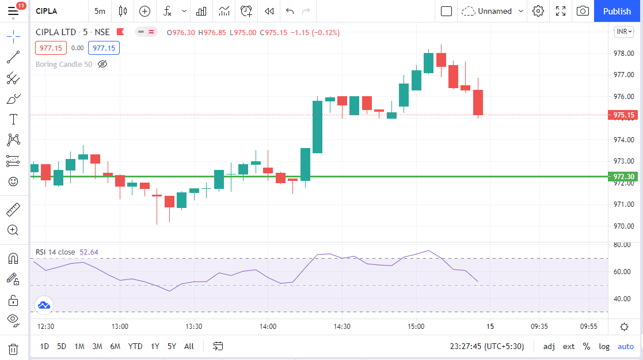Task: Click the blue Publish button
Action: coord(617,11)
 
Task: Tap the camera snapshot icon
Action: coord(583,11)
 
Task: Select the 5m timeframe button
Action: coord(100,11)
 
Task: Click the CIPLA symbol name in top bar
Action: coord(47,11)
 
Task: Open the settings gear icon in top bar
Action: coord(538,11)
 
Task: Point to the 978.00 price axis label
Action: coord(624,54)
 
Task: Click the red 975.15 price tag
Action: coord(623,115)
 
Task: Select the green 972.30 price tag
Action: coord(623,177)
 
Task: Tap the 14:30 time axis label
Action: coord(342,327)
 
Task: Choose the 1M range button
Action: coord(79,346)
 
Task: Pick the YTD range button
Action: coord(135,346)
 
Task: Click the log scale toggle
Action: coord(604,346)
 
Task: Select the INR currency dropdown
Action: coord(624,31)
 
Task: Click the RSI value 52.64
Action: coord(89,252)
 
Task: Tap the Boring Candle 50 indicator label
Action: coord(64,64)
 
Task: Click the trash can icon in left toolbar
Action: coord(13,349)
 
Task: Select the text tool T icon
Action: coord(13,119)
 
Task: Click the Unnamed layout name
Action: coord(494,11)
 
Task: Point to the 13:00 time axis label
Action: coord(120,327)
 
